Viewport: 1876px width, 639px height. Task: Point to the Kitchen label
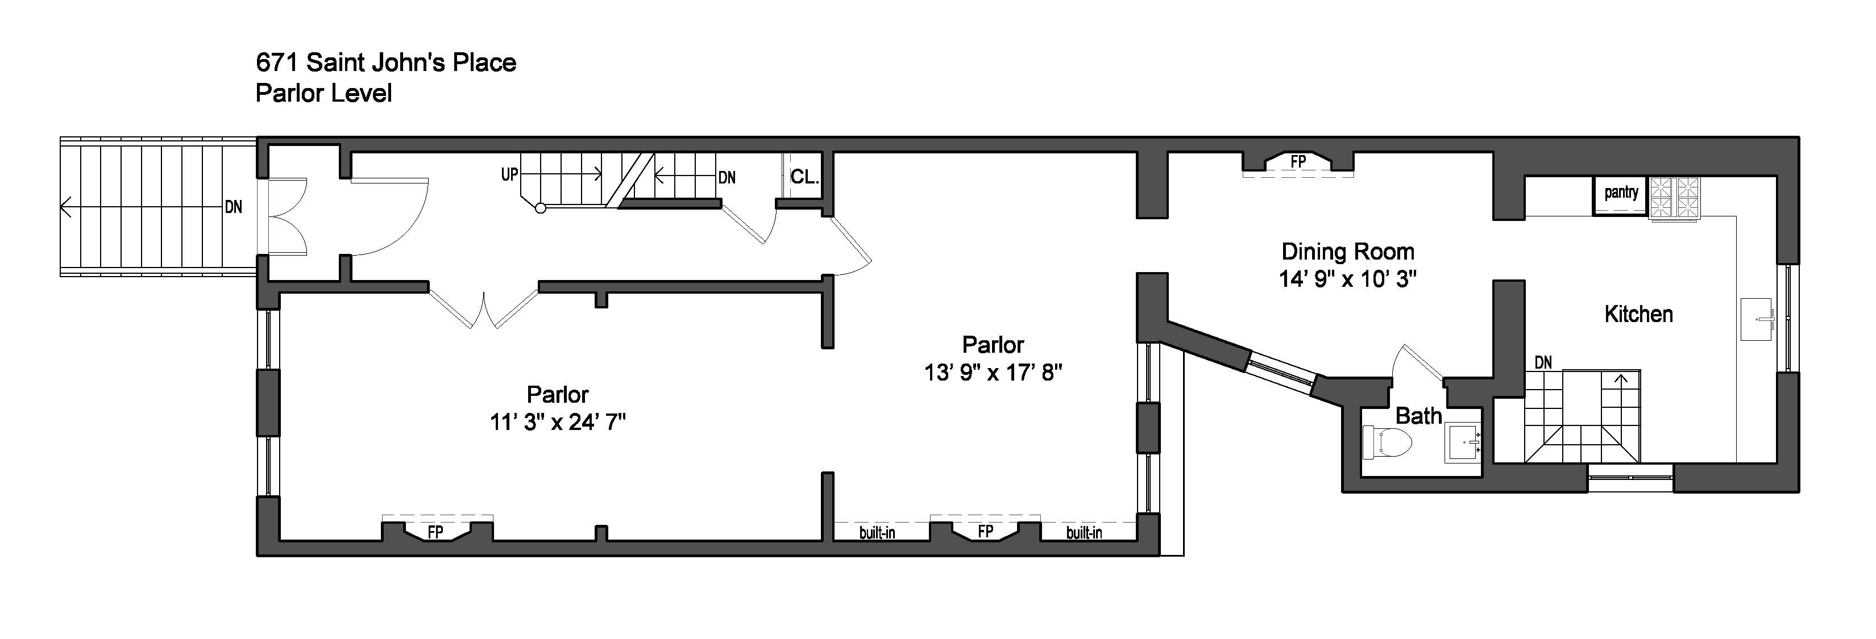pos(1638,315)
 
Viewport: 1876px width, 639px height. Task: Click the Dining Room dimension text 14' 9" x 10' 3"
pos(1347,279)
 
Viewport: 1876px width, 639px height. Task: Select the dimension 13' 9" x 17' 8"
pos(993,373)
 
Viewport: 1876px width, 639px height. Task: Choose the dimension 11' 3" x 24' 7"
pos(557,422)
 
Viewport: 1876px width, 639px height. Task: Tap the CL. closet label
pos(804,177)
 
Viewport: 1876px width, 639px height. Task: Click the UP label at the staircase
pos(509,175)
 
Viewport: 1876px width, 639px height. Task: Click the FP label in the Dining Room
pos(1298,161)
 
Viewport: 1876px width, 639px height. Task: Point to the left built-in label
pos(877,533)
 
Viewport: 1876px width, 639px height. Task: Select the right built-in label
pos(1084,533)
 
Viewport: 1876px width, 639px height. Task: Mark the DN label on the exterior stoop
pos(233,207)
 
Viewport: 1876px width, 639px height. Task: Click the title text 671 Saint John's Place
pos(386,62)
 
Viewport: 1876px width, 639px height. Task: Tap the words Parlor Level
pos(323,93)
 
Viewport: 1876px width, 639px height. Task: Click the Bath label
pos(1418,416)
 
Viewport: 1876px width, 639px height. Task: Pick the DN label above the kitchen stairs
pos(1542,362)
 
